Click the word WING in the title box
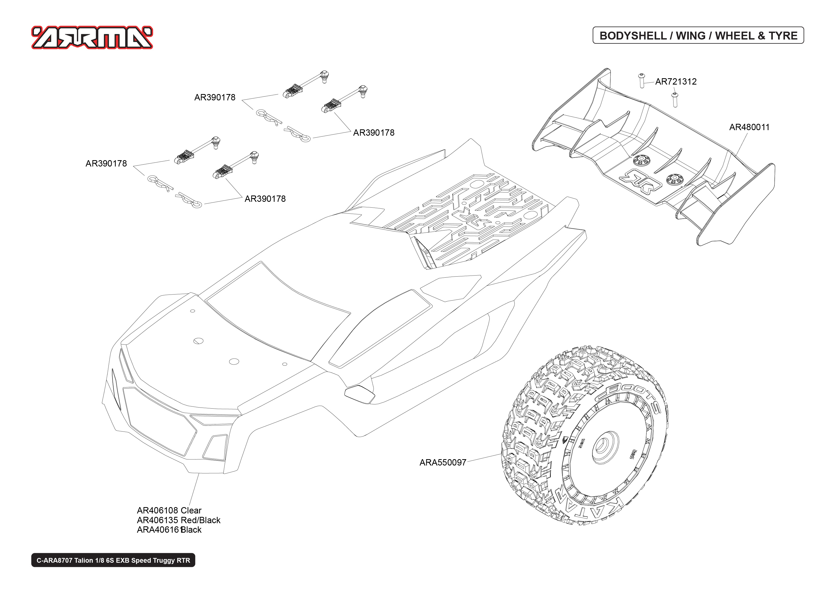point(691,36)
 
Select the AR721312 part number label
point(676,81)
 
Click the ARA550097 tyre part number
point(443,462)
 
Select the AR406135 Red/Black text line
point(179,520)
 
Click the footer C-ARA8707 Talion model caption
point(113,560)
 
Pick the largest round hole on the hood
point(234,361)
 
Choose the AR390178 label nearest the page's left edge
point(106,163)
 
